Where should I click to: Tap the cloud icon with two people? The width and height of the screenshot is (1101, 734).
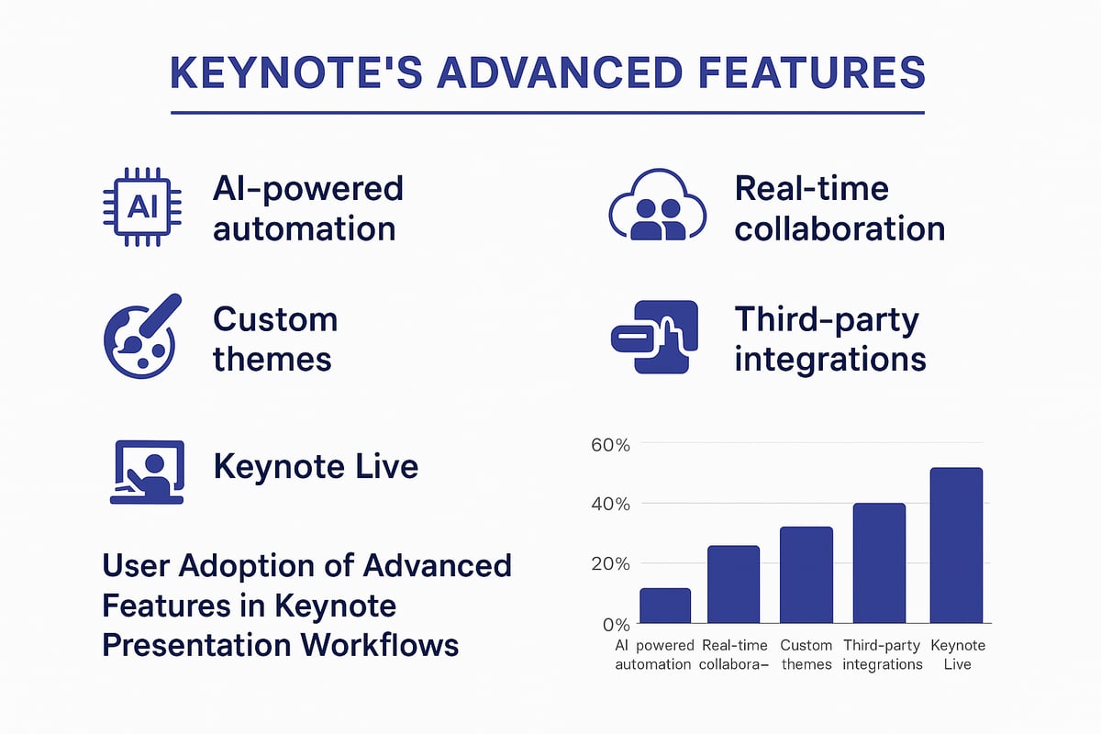click(x=658, y=207)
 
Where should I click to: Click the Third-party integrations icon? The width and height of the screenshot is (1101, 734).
click(x=654, y=337)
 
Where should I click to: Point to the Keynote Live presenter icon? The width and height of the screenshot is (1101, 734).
click(x=147, y=472)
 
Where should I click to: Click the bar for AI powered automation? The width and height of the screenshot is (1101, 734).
click(x=665, y=606)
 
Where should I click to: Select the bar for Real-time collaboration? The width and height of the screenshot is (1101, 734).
click(x=734, y=584)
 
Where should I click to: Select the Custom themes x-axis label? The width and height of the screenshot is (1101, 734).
click(x=806, y=654)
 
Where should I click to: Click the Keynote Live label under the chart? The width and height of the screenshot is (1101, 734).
click(x=957, y=654)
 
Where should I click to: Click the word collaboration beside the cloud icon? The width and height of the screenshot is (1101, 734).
click(x=840, y=228)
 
